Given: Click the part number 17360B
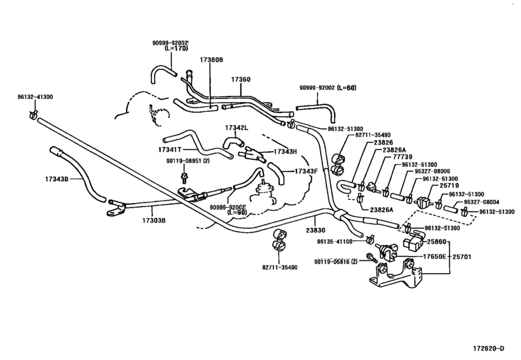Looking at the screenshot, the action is click(211, 60).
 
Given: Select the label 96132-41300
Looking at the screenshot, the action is click(35, 97).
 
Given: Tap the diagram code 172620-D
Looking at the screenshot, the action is click(488, 348).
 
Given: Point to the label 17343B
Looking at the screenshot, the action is click(57, 179).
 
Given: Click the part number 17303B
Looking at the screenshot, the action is click(154, 220).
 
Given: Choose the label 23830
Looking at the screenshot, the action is click(315, 230).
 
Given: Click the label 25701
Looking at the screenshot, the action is click(462, 256).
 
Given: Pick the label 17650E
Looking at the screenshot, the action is click(434, 256).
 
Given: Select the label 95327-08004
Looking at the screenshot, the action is click(481, 202).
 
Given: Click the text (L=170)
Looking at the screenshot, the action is click(176, 48).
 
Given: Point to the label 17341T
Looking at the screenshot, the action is click(170, 150).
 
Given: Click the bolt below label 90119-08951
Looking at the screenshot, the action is click(183, 177).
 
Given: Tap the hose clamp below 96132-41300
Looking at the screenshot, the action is click(33, 114).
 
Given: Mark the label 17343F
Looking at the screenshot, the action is click(306, 171).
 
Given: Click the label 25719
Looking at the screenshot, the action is click(449, 186).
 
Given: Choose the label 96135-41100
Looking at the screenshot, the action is click(335, 242).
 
